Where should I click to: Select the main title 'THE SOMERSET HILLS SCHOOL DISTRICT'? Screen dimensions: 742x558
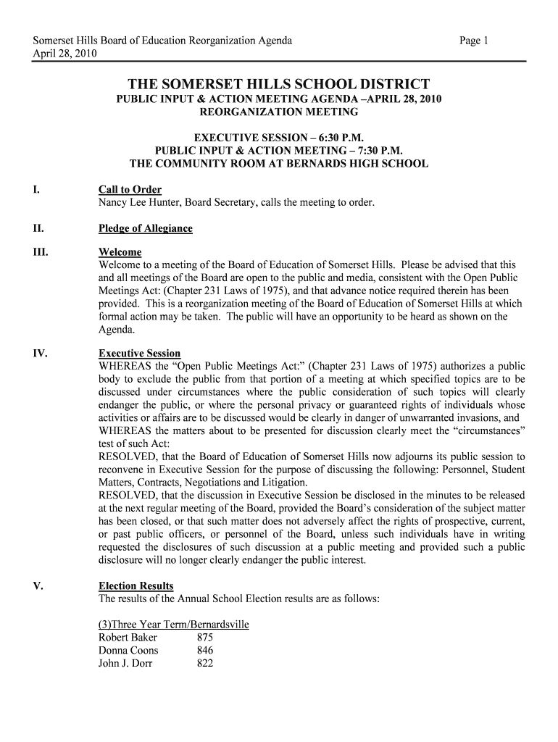tap(279, 85)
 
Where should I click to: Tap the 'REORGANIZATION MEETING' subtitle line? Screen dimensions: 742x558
tap(279, 112)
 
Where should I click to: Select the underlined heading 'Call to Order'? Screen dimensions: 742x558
tap(130, 190)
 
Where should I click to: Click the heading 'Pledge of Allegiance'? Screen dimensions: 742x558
tap(146, 229)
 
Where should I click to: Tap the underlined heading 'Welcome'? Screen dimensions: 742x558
tap(120, 252)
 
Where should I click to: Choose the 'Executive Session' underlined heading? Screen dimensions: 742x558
tap(139, 354)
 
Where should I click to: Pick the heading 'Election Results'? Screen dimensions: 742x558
tap(136, 585)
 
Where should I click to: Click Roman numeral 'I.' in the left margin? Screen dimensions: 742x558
tap(36, 190)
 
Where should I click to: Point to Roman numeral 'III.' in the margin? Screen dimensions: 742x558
tap(39, 252)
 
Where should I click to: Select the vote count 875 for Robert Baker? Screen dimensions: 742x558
tap(205, 638)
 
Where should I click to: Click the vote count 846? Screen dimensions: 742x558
tap(205, 651)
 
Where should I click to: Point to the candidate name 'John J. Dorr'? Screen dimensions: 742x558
tap(125, 664)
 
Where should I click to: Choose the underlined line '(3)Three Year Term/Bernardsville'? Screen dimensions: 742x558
tap(173, 625)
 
